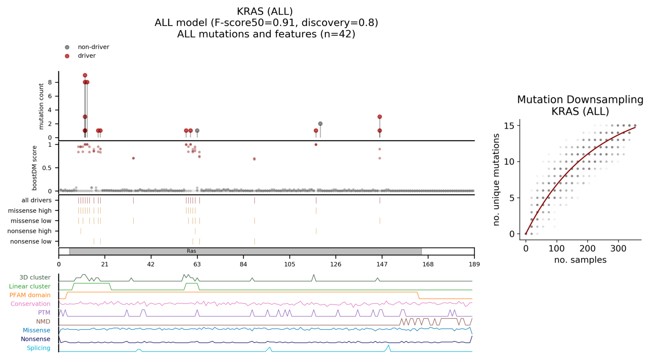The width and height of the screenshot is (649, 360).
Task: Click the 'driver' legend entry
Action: (86, 56)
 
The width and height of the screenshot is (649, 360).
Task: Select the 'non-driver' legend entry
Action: (93, 47)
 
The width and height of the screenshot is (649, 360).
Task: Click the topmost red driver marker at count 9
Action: (85, 75)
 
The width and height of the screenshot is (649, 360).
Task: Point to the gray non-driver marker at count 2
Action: (320, 124)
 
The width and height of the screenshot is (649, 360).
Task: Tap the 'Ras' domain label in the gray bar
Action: (191, 251)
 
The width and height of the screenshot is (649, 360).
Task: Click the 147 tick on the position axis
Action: (382, 264)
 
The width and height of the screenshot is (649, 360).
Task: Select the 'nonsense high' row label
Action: (29, 231)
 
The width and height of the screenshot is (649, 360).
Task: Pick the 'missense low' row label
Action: (31, 221)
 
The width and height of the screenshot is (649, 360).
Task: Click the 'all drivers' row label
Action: (36, 200)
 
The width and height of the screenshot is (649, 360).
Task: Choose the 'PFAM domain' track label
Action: (30, 295)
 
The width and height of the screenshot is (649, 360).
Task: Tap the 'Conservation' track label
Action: (30, 304)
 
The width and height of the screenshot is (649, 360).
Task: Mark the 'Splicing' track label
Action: (39, 348)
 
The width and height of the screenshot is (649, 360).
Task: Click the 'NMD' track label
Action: (43, 321)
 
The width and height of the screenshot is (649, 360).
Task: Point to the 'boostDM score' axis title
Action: (35, 167)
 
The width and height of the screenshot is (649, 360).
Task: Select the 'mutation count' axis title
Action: (41, 106)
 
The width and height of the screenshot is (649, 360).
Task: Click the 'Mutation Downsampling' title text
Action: (580, 100)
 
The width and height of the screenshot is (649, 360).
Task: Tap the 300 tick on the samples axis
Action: (618, 249)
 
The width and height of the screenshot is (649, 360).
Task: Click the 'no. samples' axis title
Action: (580, 260)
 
